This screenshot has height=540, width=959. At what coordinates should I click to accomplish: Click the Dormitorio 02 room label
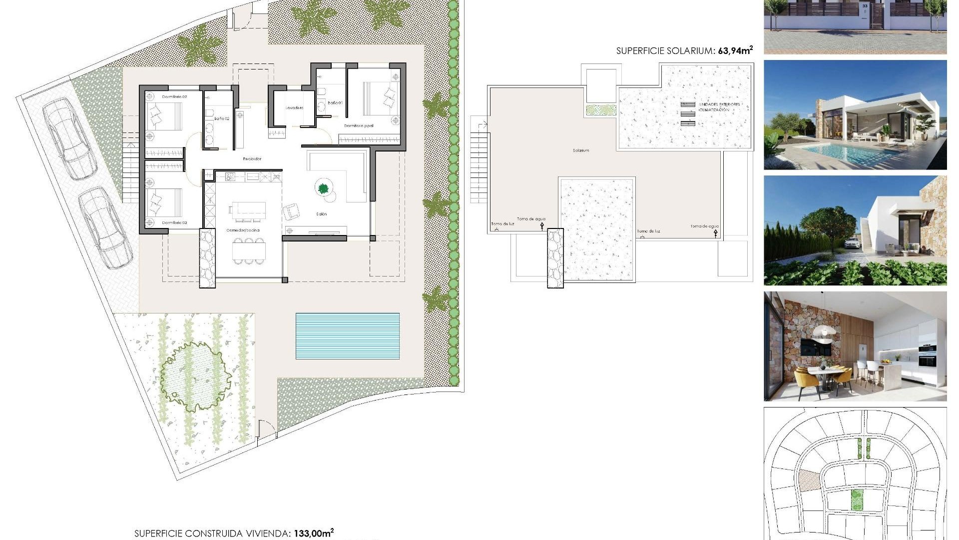coord(174,96)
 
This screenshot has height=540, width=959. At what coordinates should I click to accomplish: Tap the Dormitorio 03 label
coord(174,222)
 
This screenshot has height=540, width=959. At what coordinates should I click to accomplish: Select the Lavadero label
coord(294,107)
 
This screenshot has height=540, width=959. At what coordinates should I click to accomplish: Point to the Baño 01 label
coord(335,103)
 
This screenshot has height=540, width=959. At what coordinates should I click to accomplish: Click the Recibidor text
coord(252,159)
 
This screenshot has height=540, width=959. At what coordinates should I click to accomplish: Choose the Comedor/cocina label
coord(243,230)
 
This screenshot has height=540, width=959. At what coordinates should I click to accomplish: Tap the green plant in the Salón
coord(323,188)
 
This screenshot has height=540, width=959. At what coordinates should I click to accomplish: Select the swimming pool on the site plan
coord(348,336)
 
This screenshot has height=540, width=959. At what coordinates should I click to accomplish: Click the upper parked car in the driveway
coord(69,138)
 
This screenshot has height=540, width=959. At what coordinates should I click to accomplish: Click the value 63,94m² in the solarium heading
coord(735,50)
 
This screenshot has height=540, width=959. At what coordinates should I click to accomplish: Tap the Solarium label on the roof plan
coord(581,150)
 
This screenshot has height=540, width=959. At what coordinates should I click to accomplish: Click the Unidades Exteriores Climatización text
coord(719,107)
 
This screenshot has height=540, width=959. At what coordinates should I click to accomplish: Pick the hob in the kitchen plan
coord(230,176)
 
